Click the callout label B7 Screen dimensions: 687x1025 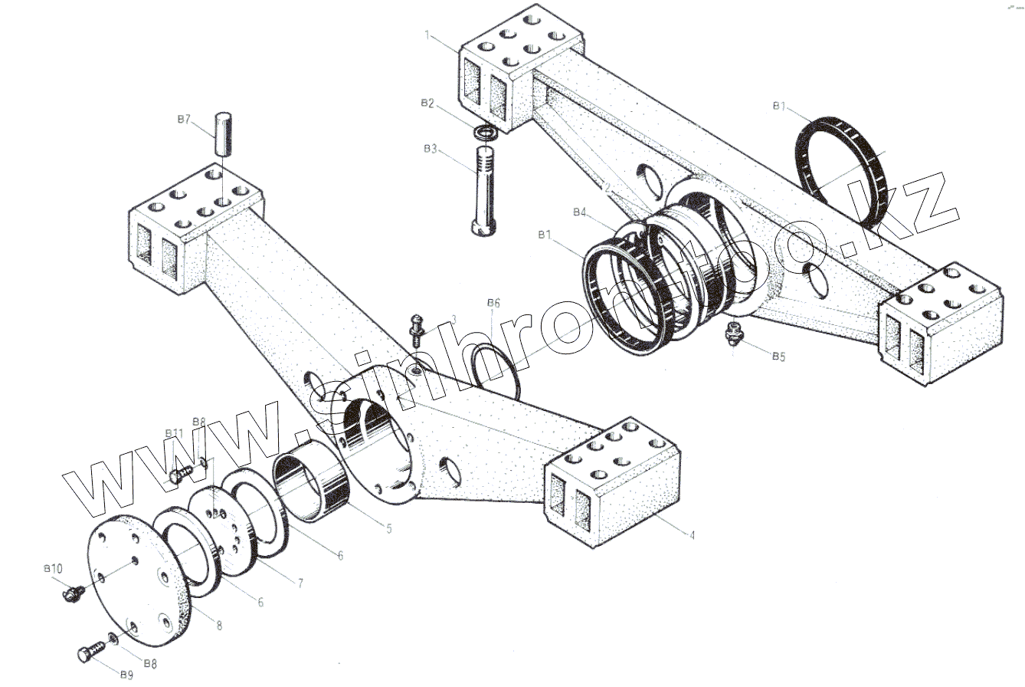[183, 120]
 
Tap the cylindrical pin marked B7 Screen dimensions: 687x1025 [222, 134]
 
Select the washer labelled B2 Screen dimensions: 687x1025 [487, 133]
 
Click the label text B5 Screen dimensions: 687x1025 [778, 356]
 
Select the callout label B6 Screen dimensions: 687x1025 [493, 303]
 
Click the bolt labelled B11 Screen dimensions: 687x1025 [178, 475]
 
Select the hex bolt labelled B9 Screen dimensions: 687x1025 [90, 652]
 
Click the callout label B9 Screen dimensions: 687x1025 [126, 675]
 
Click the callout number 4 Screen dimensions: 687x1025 [692, 535]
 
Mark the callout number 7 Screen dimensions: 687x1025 [300, 584]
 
